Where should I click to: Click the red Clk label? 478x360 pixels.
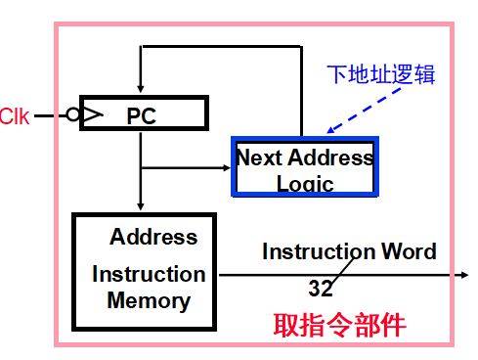tap(15, 116)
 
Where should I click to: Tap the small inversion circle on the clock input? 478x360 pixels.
tap(73, 115)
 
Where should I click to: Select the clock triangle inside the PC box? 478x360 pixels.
tap(90, 115)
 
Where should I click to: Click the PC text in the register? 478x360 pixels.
tap(142, 115)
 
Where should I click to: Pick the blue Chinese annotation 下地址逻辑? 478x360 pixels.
tap(381, 74)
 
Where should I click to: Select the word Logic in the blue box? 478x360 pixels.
tap(305, 183)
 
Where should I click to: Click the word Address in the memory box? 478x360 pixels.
tap(153, 237)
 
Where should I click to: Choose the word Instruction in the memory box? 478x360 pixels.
tap(149, 274)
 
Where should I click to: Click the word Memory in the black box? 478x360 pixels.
tap(149, 299)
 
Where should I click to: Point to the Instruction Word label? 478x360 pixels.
tap(349, 251)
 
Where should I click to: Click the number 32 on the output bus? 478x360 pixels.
tap(321, 289)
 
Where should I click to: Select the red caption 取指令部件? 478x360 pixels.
tap(339, 324)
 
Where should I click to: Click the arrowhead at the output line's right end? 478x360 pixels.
tap(463, 275)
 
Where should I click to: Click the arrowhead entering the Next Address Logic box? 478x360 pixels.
tap(224, 169)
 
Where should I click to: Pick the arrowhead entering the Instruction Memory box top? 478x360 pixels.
tap(142, 205)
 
